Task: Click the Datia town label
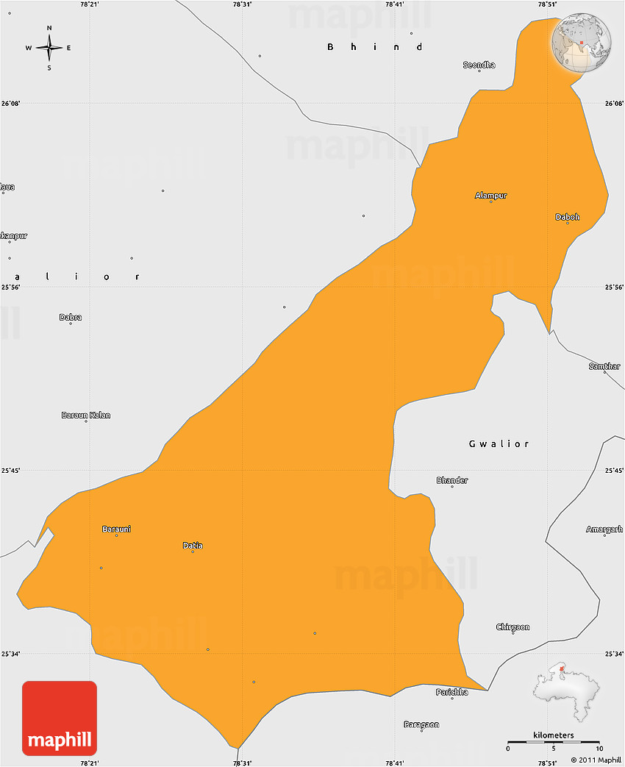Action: [193, 546]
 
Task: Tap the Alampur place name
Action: [490, 196]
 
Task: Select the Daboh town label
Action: [567, 217]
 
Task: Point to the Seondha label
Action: [479, 65]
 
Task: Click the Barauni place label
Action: [116, 529]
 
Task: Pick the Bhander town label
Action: [452, 480]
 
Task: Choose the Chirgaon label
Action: [512, 627]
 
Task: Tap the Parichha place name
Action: [451, 692]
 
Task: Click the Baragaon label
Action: [421, 724]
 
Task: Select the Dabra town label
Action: [71, 318]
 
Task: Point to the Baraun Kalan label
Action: [86, 415]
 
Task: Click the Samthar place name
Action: [604, 366]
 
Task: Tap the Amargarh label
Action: [604, 529]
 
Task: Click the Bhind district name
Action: [375, 47]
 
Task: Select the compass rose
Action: [49, 48]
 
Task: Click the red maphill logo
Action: [60, 718]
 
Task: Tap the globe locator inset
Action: [582, 42]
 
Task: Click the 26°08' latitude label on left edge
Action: [10, 104]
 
